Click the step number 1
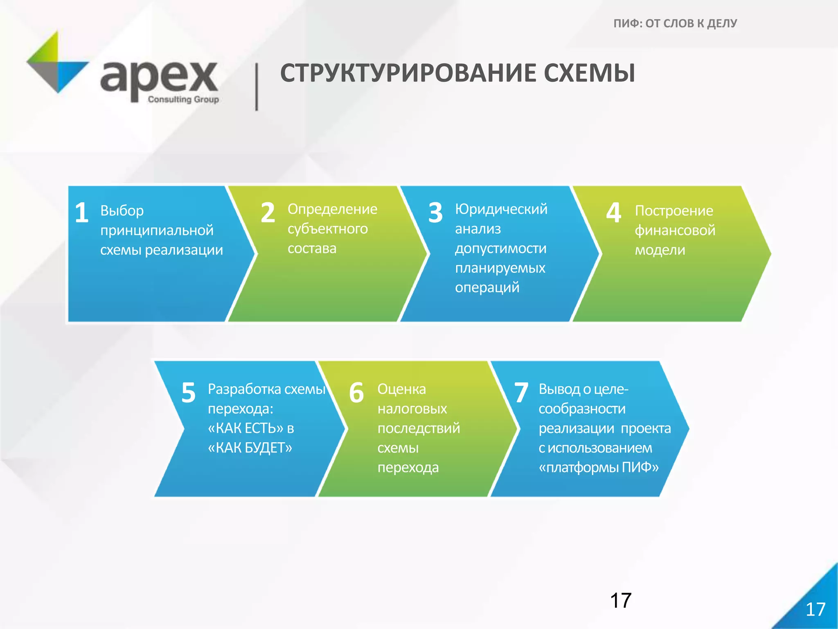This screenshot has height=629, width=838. click(x=82, y=213)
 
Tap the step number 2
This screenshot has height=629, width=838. click(x=268, y=213)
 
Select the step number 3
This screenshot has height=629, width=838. click(x=436, y=213)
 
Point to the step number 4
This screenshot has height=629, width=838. click(x=613, y=213)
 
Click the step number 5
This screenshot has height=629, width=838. click(x=189, y=392)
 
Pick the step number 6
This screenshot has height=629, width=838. click(x=356, y=392)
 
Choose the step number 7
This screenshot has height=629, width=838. click(x=521, y=392)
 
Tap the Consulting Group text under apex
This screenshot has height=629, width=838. click(x=183, y=100)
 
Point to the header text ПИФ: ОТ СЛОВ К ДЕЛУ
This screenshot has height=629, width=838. click(x=675, y=23)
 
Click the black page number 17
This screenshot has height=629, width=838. click(x=621, y=601)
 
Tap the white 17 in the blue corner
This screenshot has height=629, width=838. click(x=815, y=609)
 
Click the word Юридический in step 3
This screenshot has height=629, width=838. click(x=501, y=209)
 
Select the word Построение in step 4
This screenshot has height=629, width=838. click(x=674, y=211)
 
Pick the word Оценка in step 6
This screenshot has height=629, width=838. click(x=401, y=389)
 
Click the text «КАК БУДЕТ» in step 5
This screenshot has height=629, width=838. click(x=250, y=448)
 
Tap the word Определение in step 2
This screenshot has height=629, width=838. click(x=332, y=209)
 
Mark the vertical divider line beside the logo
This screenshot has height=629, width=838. click(x=257, y=87)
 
